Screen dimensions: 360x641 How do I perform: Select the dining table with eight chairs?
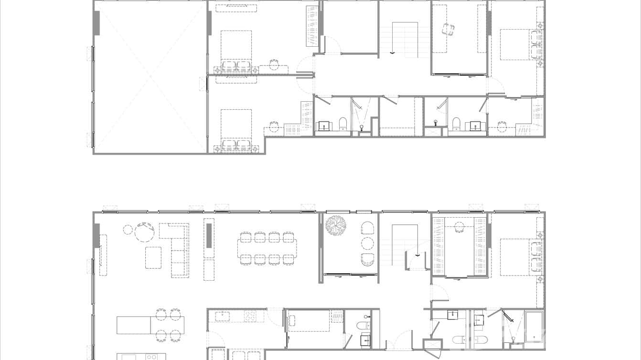(267, 248)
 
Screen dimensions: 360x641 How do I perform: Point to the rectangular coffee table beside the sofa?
(153, 257)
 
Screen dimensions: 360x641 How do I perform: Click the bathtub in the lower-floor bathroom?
(534, 327)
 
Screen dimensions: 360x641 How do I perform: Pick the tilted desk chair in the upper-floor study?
(448, 29)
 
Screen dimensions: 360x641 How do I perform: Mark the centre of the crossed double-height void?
(150, 76)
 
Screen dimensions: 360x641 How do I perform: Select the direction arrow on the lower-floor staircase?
(417, 255)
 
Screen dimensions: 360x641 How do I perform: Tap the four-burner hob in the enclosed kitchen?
(251, 316)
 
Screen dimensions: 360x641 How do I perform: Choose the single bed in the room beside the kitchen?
(308, 320)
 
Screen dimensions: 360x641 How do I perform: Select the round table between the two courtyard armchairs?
(367, 244)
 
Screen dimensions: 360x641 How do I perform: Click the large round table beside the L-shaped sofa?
(144, 233)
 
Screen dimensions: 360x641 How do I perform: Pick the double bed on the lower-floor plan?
(521, 257)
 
